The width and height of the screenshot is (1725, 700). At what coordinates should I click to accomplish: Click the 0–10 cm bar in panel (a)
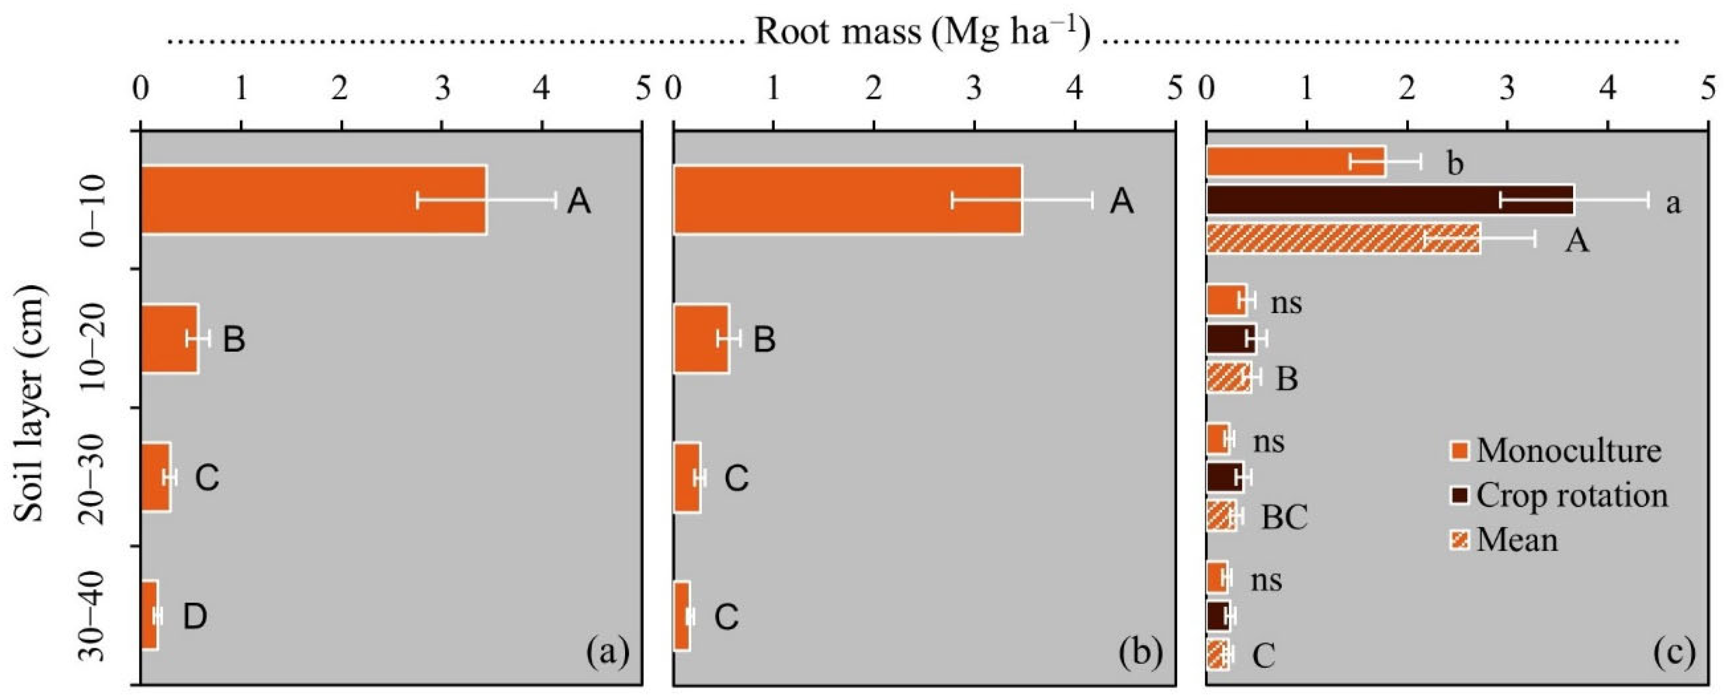point(314,200)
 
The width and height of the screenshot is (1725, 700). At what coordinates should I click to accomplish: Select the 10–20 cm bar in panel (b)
point(701,338)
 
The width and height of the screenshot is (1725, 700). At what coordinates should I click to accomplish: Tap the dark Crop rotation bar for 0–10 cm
point(1390,200)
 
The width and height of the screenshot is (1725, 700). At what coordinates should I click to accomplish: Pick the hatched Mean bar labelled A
point(1343,238)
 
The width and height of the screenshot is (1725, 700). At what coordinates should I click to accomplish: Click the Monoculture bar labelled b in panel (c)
point(1295,161)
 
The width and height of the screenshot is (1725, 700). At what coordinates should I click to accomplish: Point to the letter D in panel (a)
point(195,617)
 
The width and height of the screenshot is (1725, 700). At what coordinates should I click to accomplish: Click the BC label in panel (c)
point(1284,516)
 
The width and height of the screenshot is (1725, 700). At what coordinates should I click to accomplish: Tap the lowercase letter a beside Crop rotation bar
point(1673,202)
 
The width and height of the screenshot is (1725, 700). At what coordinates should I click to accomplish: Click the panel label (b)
point(1140,652)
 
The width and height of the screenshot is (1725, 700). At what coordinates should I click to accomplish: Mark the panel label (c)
point(1674,652)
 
